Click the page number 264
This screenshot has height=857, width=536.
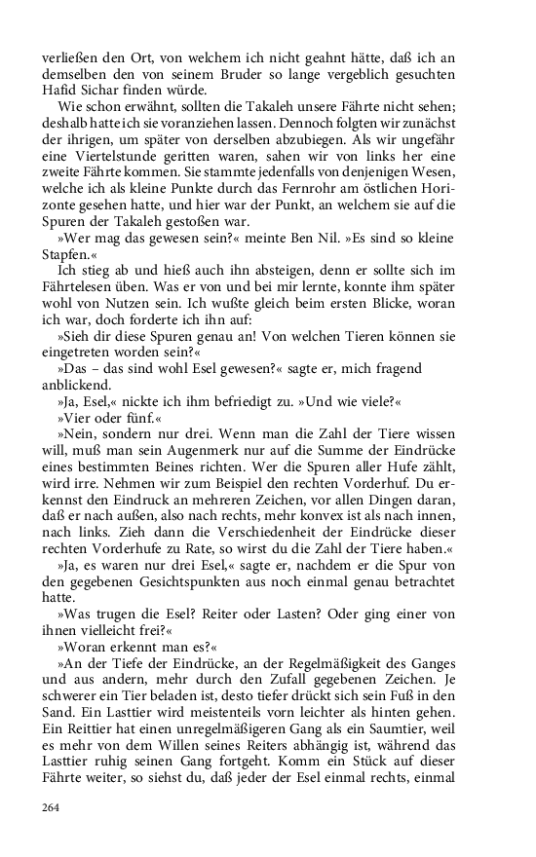(52, 807)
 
